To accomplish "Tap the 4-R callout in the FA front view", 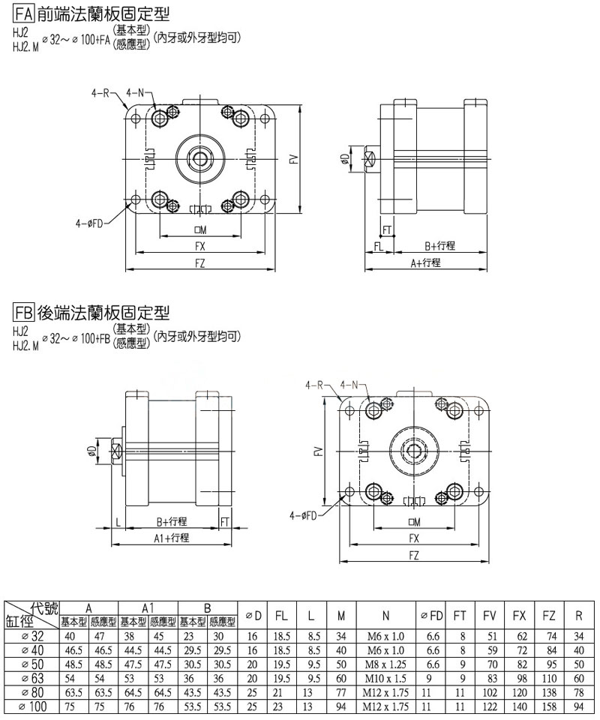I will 100,93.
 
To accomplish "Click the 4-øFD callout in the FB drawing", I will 304,515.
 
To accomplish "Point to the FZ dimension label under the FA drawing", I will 199,262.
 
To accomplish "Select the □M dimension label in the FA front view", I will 200,229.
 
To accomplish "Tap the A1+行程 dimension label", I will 172,538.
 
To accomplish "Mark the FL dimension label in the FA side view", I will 379,245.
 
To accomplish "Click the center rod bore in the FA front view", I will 200,157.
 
